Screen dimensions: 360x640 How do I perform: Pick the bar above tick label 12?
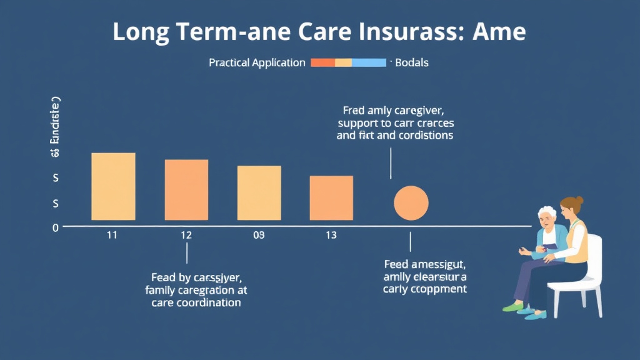[x=186, y=190]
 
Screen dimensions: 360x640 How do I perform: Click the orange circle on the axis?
[x=411, y=203]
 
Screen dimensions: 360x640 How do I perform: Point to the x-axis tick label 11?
[x=112, y=235]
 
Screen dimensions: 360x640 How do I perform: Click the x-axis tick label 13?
[x=331, y=235]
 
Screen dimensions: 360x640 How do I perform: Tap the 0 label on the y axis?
[x=55, y=228]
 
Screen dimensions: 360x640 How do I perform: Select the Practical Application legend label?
[x=257, y=63]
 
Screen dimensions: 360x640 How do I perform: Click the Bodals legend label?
[x=412, y=63]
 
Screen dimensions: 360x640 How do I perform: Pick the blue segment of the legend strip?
[x=369, y=62]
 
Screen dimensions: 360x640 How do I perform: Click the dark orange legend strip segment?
[x=322, y=62]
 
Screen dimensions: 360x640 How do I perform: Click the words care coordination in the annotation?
[x=196, y=302]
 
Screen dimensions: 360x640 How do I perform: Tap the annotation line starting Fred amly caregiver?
[x=395, y=110]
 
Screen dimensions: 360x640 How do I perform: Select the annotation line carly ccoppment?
[x=424, y=289]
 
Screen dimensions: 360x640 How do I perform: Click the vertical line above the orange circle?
[x=391, y=164]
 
